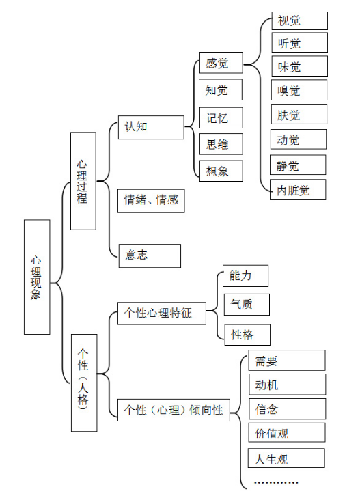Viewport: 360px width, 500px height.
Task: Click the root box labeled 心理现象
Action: [37, 277]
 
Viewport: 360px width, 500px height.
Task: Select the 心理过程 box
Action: [83, 181]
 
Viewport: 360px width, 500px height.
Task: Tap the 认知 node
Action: [151, 127]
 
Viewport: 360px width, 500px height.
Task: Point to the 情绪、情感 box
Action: [151, 201]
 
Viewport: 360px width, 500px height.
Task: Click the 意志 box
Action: [150, 255]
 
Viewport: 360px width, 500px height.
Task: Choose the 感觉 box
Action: [221, 63]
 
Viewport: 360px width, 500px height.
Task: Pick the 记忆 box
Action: [221, 117]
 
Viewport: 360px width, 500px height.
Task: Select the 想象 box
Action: [221, 171]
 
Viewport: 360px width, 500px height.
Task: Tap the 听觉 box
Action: [300, 43]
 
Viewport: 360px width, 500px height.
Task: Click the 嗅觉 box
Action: [299, 90]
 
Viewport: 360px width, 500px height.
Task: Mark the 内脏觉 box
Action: [298, 190]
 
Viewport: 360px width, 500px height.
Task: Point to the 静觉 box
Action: [298, 165]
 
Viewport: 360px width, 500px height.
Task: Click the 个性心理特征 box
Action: [162, 314]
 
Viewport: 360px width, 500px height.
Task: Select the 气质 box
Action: [247, 305]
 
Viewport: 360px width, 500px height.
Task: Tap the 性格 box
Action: [247, 335]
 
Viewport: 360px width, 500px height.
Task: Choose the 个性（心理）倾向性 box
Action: [174, 410]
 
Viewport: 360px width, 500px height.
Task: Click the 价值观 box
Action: [287, 432]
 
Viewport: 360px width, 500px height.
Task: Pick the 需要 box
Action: [287, 361]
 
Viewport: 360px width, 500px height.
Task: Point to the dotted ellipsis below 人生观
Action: [276, 482]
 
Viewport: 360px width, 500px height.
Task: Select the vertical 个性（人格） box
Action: [84, 383]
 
